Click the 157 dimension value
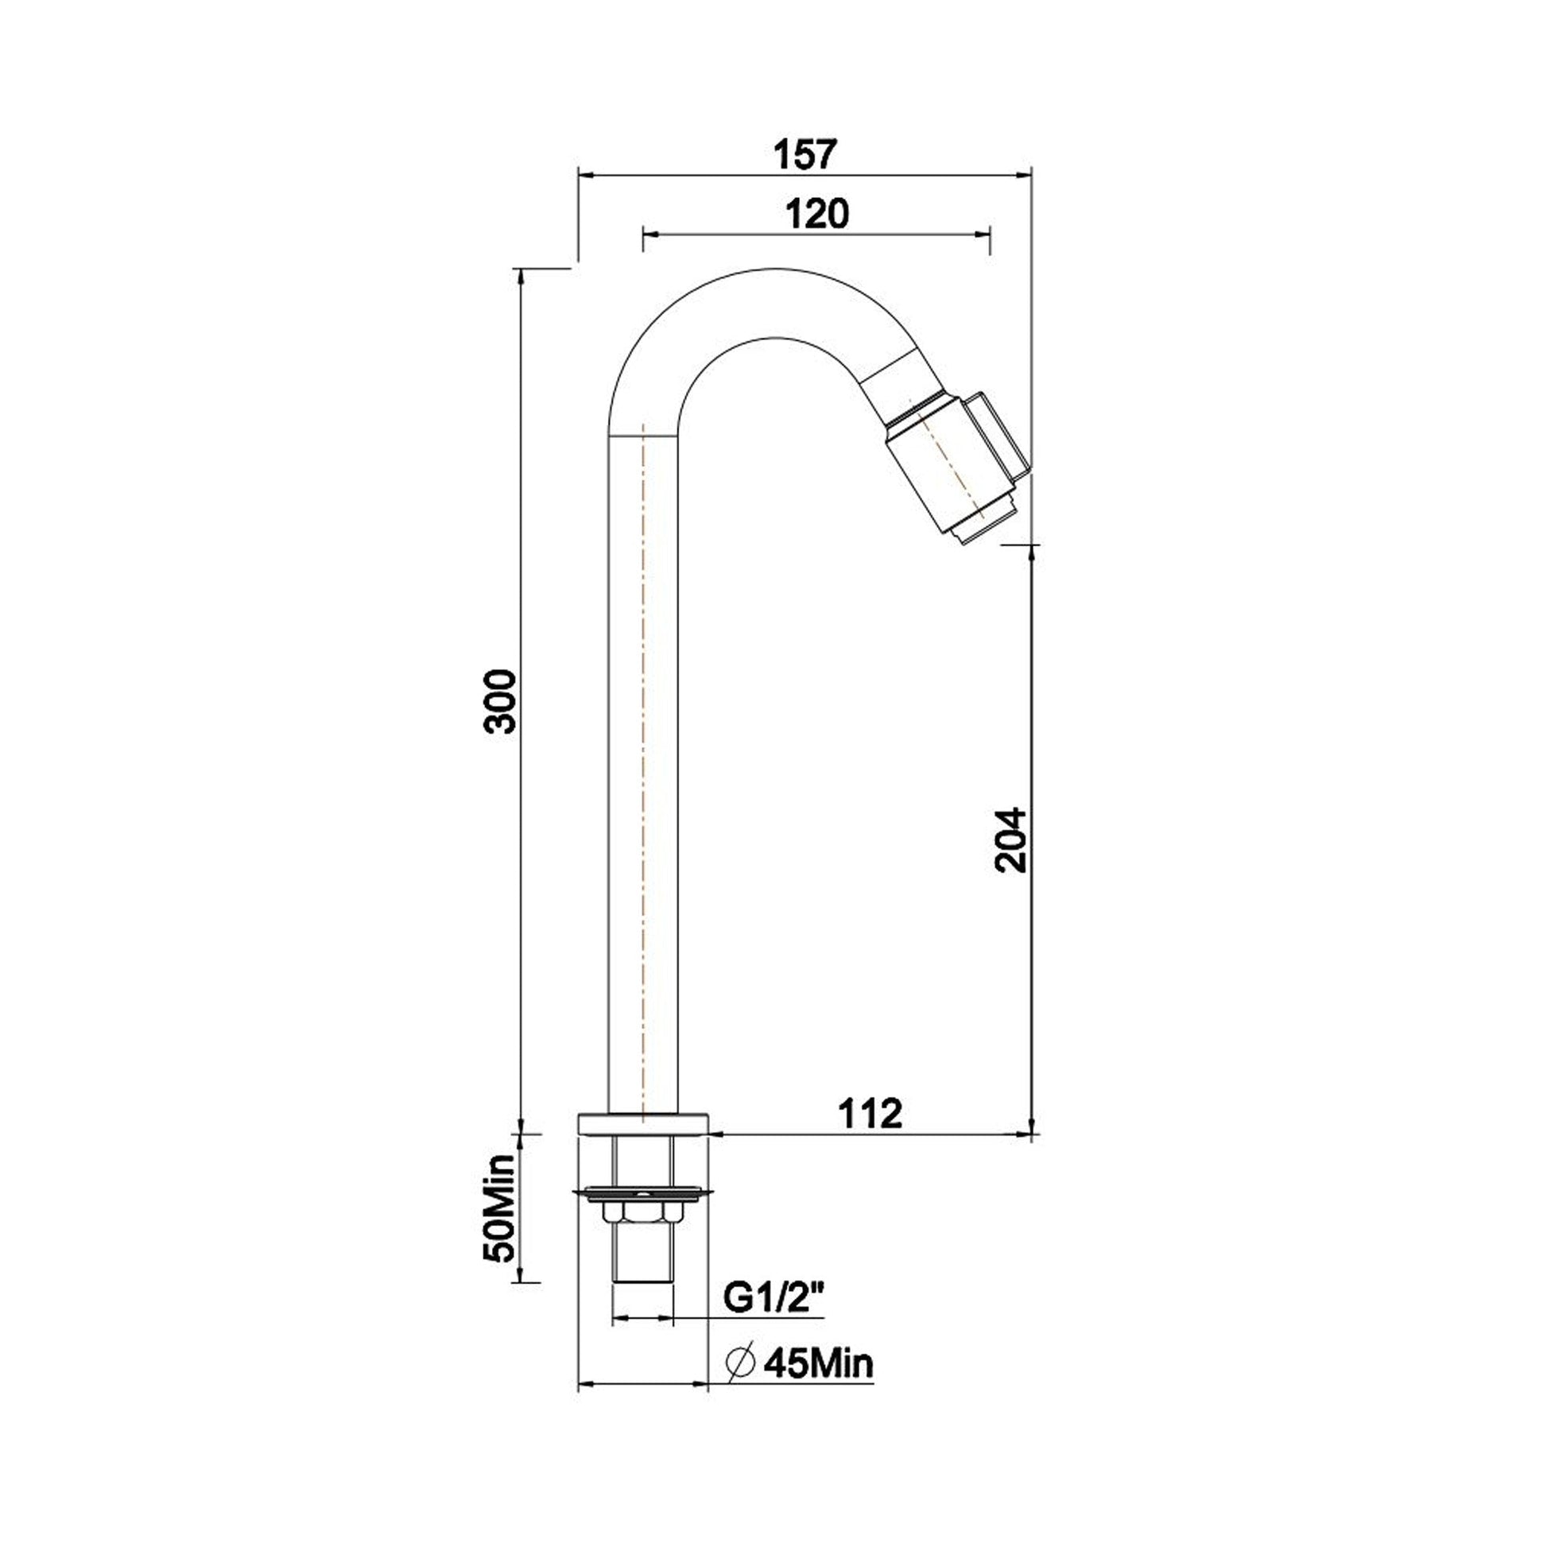(x=805, y=153)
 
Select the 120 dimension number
(x=816, y=214)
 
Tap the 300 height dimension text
(x=502, y=701)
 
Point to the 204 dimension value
(x=1010, y=840)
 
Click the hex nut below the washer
(x=642, y=1235)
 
